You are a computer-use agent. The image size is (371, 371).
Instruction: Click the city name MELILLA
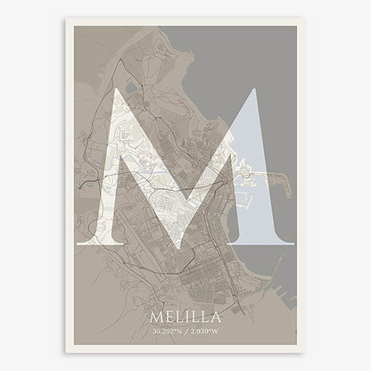pos(185,317)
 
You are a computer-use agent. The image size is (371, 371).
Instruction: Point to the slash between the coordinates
pos(186,332)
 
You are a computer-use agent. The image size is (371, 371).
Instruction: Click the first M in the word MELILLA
pos(158,317)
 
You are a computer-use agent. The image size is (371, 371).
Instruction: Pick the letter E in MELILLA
pos(170,317)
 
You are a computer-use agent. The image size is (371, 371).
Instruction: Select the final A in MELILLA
pos(214,317)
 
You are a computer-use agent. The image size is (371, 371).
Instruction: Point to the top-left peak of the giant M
pos(116,90)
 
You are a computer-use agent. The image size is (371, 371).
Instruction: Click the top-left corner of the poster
pos(66,21)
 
